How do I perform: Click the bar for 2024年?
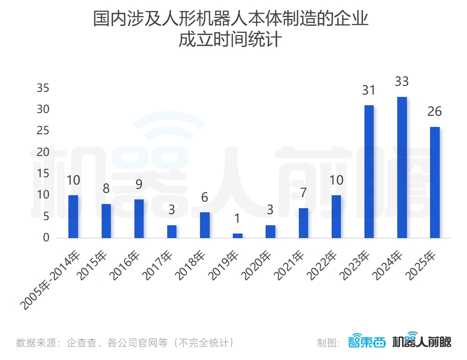402,168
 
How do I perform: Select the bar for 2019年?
237,235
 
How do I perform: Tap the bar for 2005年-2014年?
73,216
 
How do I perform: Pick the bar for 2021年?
303,223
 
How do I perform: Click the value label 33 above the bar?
402,82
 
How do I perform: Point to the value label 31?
369,90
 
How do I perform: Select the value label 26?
435,112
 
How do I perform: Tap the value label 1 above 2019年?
237,218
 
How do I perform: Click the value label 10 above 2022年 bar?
336,180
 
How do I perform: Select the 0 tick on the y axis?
46,238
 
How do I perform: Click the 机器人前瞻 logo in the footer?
421,342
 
